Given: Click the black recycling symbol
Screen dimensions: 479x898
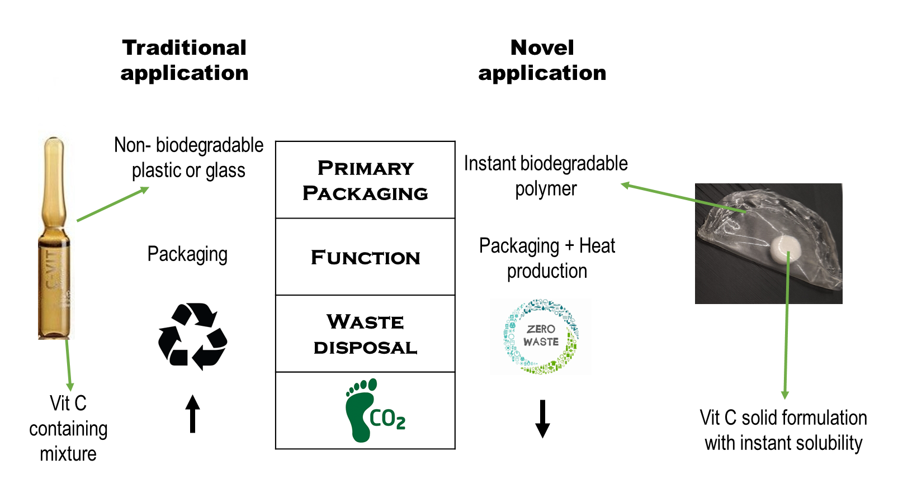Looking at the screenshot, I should [x=192, y=336].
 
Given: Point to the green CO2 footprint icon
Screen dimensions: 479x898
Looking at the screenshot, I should [x=375, y=411].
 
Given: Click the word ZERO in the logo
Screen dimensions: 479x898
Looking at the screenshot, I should [x=541, y=329].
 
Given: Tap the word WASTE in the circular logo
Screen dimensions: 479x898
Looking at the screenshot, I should [x=541, y=342].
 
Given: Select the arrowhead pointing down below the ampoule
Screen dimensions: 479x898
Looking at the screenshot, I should [x=70, y=387].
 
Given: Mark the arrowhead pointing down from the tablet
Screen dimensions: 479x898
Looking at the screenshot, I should [x=784, y=395].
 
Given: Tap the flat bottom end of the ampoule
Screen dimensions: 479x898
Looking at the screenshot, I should [x=56, y=335].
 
